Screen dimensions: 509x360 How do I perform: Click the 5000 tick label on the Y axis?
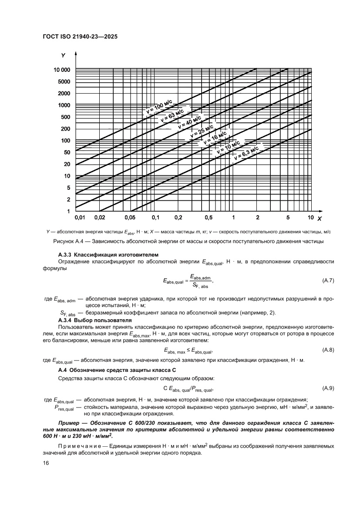(64, 81)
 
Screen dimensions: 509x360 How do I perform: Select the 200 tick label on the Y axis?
(65, 129)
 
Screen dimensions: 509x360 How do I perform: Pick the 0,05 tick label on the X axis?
(130, 217)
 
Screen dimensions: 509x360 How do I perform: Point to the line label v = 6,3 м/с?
(246, 155)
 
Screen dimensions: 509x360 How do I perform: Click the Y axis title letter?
(63, 55)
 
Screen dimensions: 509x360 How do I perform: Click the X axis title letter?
(319, 218)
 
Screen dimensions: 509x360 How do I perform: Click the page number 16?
(45, 463)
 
